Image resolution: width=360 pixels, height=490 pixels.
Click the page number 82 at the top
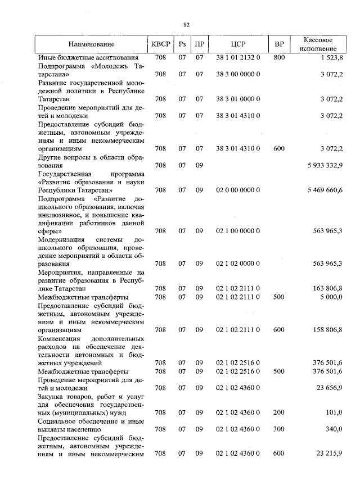(x=186, y=25)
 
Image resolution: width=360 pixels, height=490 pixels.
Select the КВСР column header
(x=160, y=44)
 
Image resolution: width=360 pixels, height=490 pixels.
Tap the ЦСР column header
(x=237, y=44)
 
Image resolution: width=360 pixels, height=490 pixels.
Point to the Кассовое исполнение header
(x=318, y=44)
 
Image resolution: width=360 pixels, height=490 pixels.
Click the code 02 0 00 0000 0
(x=237, y=190)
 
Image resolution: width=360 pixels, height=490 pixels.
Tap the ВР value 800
(x=278, y=57)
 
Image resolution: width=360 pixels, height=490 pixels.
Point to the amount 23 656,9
(x=329, y=387)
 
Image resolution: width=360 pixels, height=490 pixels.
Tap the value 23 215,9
(x=329, y=453)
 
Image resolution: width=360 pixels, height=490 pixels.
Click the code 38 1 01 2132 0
(x=237, y=57)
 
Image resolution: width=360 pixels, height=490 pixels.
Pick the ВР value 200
(x=278, y=412)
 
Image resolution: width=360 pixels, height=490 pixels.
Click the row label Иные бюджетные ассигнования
(x=88, y=57)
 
